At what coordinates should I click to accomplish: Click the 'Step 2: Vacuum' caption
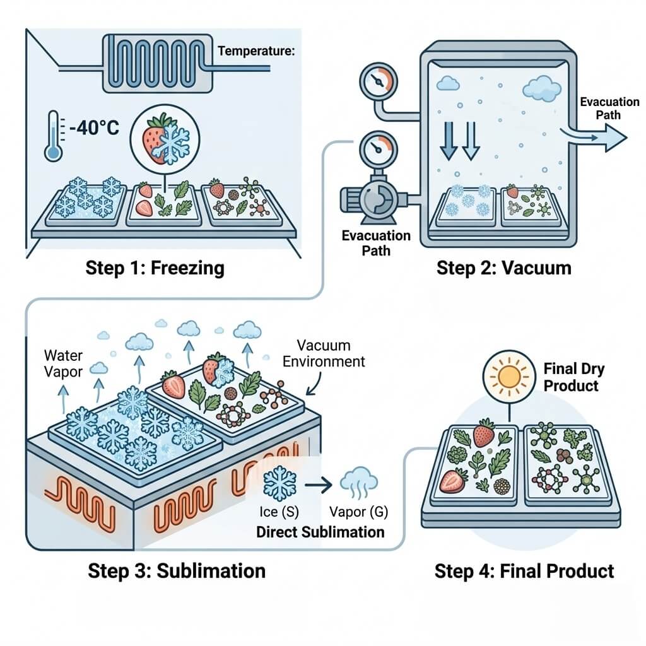point(503,268)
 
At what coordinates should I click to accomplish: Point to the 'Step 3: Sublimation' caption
point(177,571)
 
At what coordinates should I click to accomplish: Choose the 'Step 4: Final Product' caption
point(524,572)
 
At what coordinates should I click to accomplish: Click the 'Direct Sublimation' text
point(320,532)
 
